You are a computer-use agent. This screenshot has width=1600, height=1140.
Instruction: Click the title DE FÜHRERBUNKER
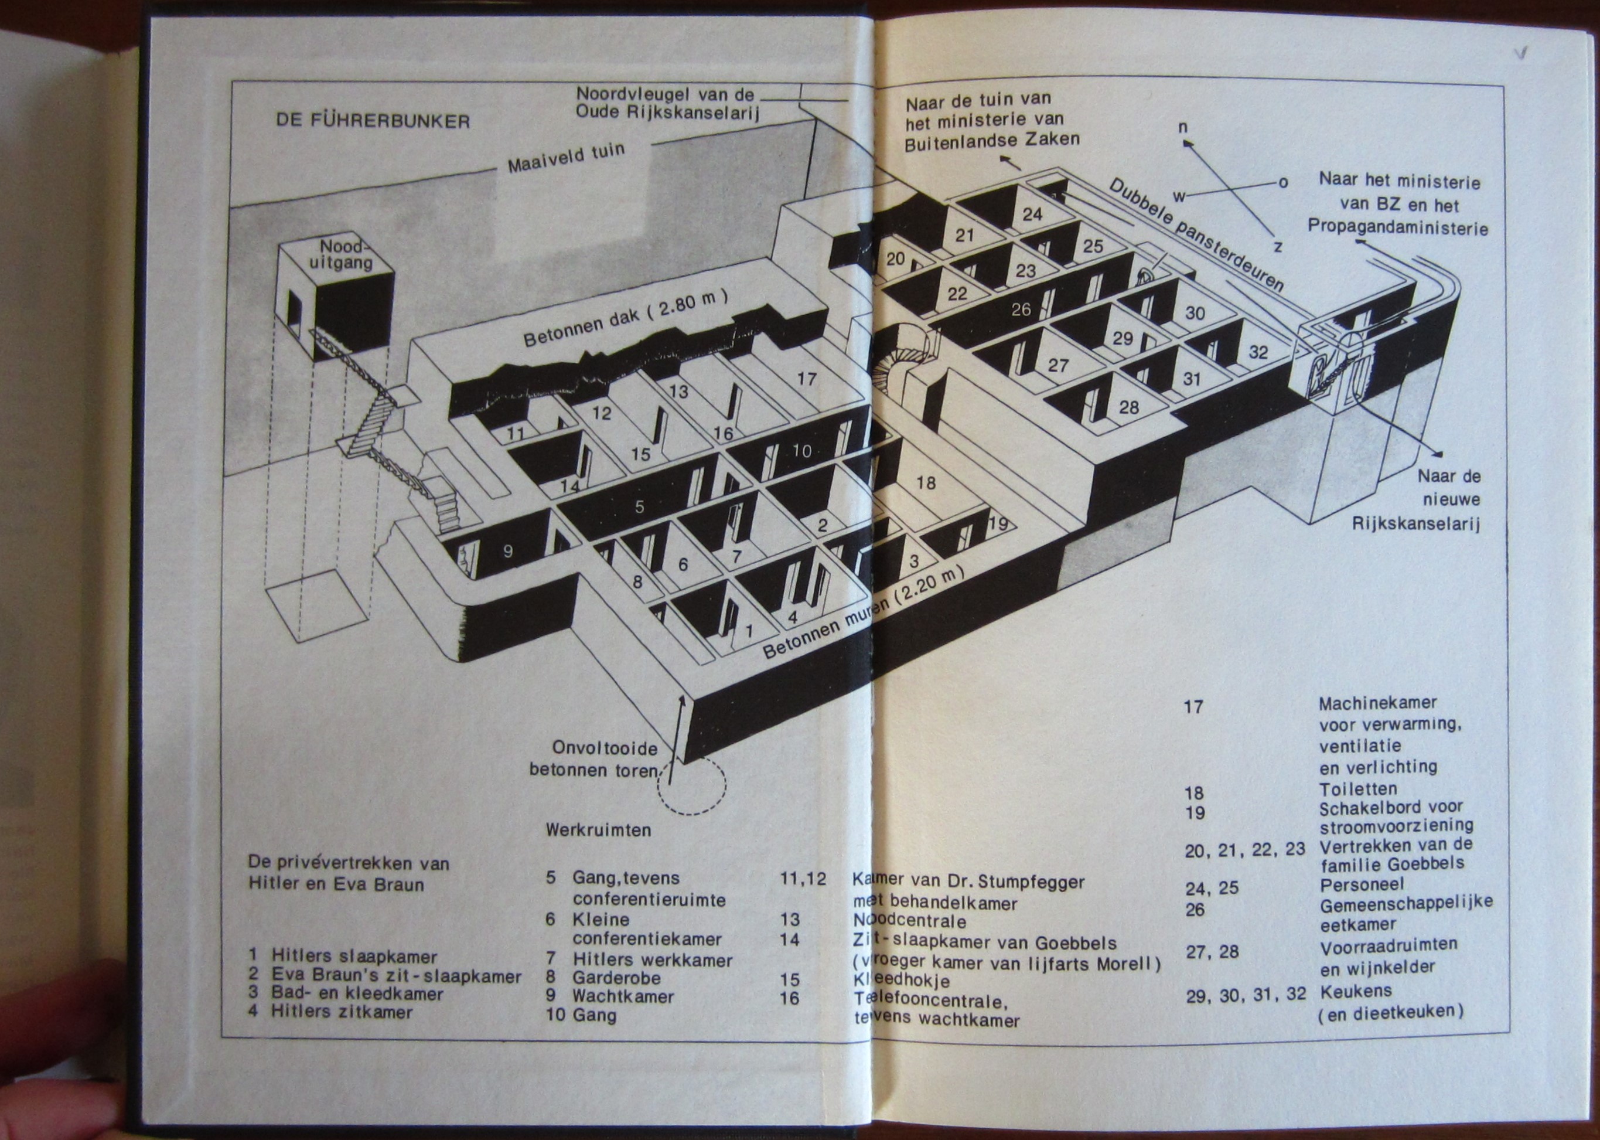pos(373,121)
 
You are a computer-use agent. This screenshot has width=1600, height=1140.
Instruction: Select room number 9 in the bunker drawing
pos(508,552)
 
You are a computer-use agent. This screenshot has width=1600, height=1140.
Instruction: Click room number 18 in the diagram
pos(926,483)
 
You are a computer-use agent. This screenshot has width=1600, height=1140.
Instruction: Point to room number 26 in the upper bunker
pos(1021,309)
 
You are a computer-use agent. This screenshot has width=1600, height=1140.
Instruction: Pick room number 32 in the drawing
pos(1258,352)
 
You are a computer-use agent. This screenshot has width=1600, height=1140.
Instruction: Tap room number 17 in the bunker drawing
pos(807,379)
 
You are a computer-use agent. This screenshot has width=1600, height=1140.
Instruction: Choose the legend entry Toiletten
pos(1358,790)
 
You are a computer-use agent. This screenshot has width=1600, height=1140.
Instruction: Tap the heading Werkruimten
pos(598,831)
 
